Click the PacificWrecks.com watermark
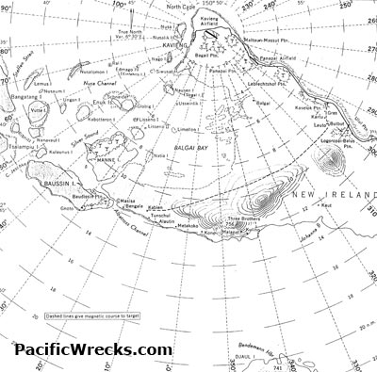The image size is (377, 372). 92,349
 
